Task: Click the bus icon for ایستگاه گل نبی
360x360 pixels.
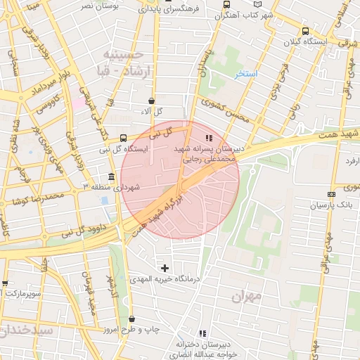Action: (124, 138)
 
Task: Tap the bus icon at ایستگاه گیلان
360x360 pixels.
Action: (304, 32)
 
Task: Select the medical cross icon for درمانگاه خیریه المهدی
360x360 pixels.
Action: (165, 268)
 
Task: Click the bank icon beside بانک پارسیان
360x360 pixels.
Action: (332, 194)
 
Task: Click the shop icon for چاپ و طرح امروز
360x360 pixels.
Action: (131, 319)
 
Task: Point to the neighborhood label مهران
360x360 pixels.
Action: (245, 297)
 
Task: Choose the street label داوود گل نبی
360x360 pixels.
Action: (84, 229)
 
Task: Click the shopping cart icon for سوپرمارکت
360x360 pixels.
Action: (5, 283)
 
